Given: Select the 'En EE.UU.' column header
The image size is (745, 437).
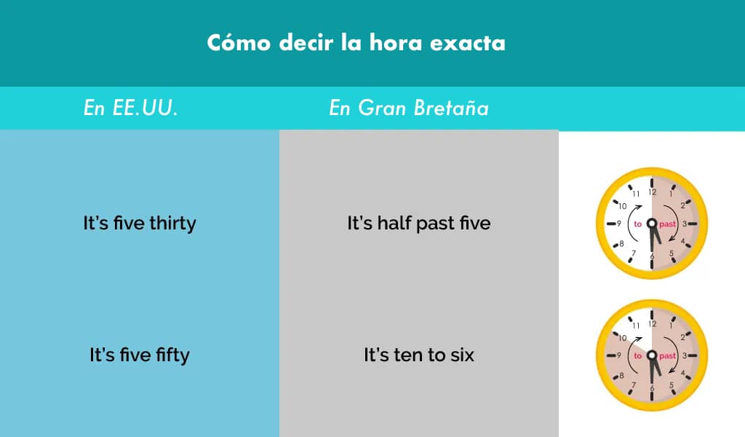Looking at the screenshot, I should coord(130,109).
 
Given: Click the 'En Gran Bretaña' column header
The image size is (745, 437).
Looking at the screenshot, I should coord(409,109).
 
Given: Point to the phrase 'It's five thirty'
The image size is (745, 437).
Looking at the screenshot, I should coord(140,223).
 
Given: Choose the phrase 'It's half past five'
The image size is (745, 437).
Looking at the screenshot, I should coord(418,223).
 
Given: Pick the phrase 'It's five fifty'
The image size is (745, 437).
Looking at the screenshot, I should coord(140,355).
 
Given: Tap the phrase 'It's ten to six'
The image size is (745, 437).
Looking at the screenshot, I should coord(418,355).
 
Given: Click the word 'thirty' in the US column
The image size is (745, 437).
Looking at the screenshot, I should coord(172,223).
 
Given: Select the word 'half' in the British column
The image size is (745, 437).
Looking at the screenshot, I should coord(394,223).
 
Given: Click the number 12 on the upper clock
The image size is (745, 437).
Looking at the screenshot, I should coord(652,192).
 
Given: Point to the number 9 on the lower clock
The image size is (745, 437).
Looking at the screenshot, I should coord(619,356).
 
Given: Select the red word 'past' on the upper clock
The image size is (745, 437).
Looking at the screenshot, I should coord(667,224).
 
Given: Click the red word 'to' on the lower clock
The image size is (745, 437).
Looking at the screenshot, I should coord(637,356).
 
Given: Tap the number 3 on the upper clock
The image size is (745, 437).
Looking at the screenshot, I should coord(685,224).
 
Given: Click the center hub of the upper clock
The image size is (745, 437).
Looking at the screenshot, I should coord(652,224).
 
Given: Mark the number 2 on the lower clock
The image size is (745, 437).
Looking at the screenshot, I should coord(682,338).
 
